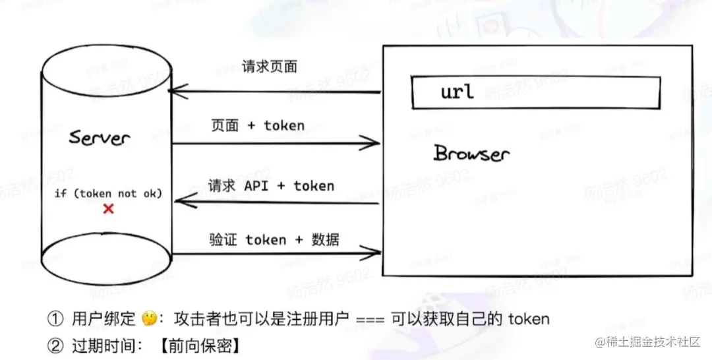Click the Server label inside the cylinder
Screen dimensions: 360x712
pos(100,138)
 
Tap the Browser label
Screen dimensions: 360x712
pos(471,154)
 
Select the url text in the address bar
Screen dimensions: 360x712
pos(458,91)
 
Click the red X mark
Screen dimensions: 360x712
pos(109,209)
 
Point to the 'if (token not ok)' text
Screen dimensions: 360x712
pos(109,193)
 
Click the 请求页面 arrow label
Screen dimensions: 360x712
pos(270,67)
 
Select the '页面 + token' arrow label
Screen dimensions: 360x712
pos(258,125)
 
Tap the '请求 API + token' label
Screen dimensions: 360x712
pos(271,186)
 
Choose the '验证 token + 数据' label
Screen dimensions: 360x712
pos(274,239)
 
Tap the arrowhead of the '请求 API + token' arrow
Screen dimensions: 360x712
pos(179,202)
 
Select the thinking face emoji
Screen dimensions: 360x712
pos(149,319)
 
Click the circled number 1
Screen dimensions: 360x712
pos(55,319)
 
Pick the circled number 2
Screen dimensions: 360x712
pos(55,345)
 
